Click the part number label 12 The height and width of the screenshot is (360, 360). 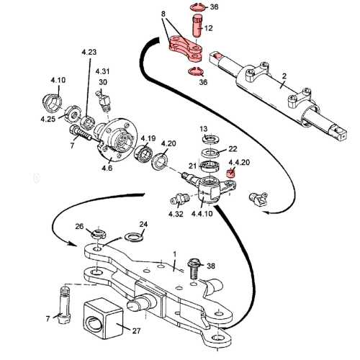coord(210,30)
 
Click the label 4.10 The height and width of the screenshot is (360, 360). coord(58,80)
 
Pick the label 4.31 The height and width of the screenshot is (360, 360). coord(102,71)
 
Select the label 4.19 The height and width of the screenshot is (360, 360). coord(148,138)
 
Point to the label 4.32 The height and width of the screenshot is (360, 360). coord(176,213)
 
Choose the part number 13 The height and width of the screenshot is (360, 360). coord(203,127)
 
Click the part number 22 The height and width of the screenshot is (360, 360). coord(233,149)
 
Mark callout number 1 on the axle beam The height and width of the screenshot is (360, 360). coord(174,254)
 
